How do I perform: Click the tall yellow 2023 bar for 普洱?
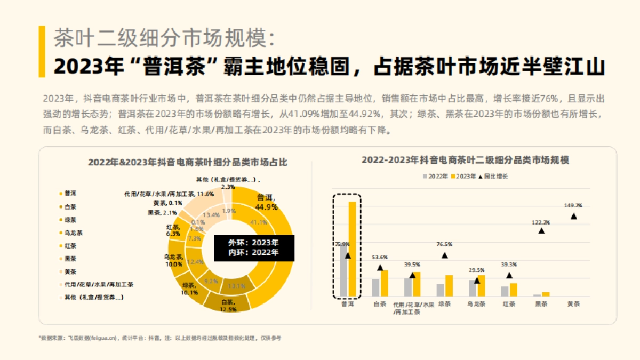(352, 249)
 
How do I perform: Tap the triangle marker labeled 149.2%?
(574, 216)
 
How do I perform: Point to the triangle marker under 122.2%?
(541, 231)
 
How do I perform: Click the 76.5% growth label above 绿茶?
(444, 244)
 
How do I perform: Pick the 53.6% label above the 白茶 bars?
(380, 257)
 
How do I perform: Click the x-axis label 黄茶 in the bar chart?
(573, 304)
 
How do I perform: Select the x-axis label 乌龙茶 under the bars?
(476, 304)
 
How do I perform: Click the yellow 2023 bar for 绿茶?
(449, 286)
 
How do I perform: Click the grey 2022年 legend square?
(425, 176)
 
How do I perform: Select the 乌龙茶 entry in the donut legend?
(73, 233)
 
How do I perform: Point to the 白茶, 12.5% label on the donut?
(228, 306)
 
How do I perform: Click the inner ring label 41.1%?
(259, 222)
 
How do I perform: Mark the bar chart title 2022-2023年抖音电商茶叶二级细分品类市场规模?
(466, 160)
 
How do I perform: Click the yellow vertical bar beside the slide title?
(42, 51)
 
